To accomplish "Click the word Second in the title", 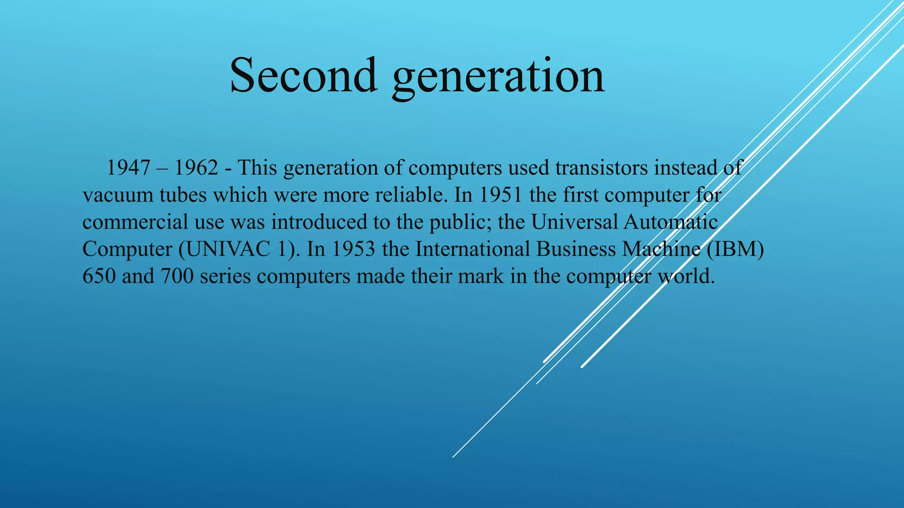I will pyautogui.click(x=304, y=75).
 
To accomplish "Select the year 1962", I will pyautogui.click(x=196, y=168).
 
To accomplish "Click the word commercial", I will pyautogui.click(x=135, y=222).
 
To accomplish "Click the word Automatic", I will pyautogui.click(x=670, y=222).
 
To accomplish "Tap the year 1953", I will pyautogui.click(x=353, y=250).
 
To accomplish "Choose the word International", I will pyautogui.click(x=472, y=250).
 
